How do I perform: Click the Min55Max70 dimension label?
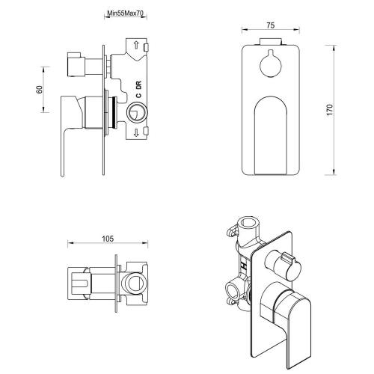point(126,13)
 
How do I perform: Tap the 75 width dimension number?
point(271,25)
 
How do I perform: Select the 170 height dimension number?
point(330,110)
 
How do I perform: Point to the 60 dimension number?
point(40,90)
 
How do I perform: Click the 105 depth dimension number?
point(108,239)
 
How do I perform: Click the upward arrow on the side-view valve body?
point(136,45)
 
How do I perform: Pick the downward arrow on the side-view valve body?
point(136,132)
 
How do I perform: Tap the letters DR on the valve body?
point(138,85)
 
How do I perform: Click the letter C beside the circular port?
point(138,95)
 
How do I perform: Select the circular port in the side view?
point(137,112)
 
